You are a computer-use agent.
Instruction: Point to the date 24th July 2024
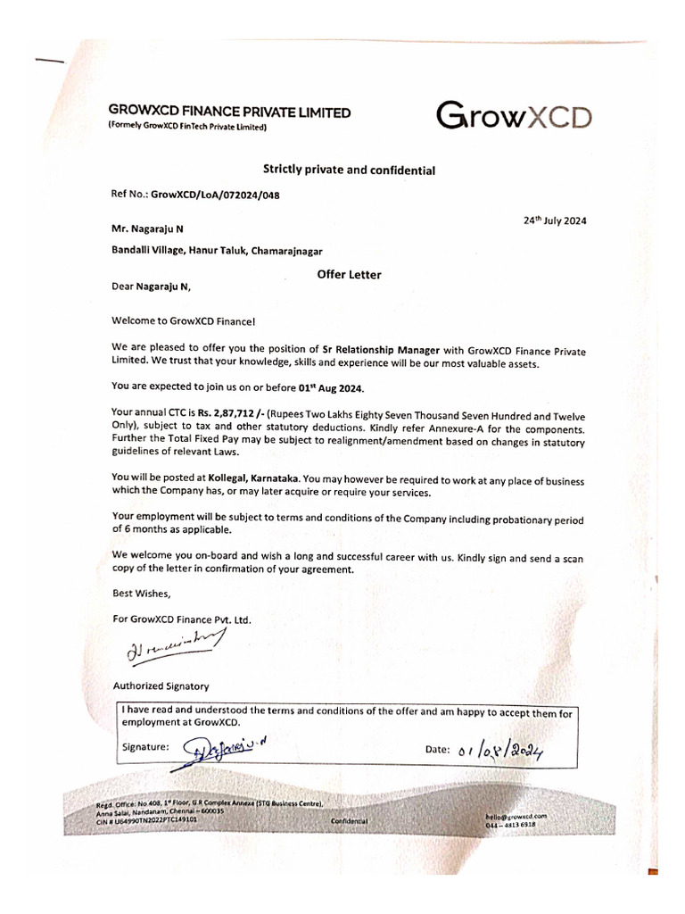[555, 220]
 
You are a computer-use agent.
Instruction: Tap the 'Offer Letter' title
[349, 275]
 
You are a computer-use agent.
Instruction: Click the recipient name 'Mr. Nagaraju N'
[148, 228]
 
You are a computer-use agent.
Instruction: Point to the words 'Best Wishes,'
[141, 593]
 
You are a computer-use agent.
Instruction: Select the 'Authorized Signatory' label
[161, 686]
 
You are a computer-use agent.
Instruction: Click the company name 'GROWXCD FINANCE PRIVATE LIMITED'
[229, 112]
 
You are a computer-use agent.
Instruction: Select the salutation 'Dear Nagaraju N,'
[152, 287]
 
